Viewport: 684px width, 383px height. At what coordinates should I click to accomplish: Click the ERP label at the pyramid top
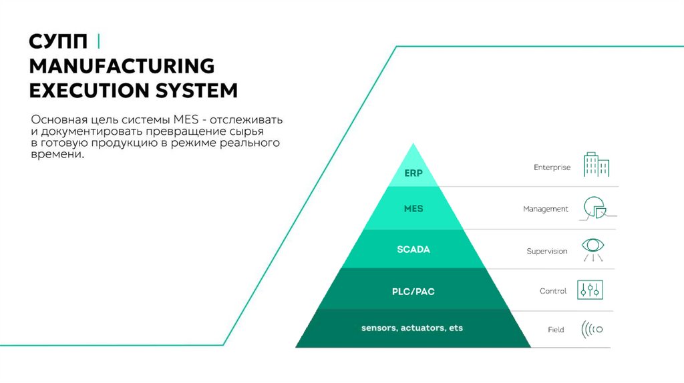(x=413, y=172)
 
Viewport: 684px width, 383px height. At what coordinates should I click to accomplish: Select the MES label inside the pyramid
(x=413, y=209)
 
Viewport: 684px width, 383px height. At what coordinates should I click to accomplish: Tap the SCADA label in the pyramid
(x=413, y=250)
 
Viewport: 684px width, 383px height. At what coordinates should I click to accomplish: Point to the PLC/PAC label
(x=413, y=291)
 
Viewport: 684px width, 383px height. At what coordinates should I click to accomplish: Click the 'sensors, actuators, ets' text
(x=412, y=328)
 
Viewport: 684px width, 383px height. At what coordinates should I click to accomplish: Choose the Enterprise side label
(x=552, y=167)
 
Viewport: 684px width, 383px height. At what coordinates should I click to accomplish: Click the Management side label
(x=546, y=209)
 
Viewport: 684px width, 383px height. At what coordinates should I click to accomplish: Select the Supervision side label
(x=547, y=252)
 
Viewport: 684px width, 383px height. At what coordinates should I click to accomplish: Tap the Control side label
(x=553, y=291)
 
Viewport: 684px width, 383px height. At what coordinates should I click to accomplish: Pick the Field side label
(x=556, y=330)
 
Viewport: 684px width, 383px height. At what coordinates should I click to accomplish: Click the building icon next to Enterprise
(x=595, y=164)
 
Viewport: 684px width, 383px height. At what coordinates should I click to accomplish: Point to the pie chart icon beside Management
(x=594, y=208)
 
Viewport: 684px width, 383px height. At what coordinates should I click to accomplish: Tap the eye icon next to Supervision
(x=592, y=247)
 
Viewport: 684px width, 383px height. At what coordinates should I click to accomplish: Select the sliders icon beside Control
(x=592, y=290)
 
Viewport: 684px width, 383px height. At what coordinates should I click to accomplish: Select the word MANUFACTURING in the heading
(x=122, y=66)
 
